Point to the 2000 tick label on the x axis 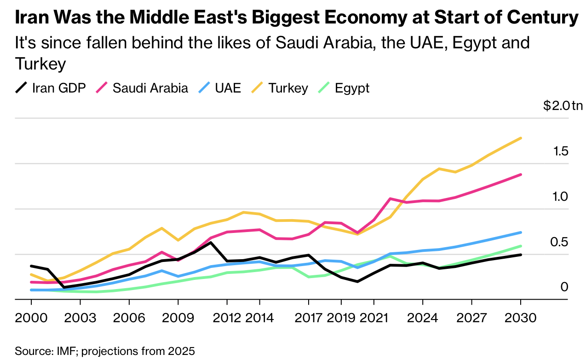click(x=31, y=319)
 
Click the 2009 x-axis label click(x=178, y=319)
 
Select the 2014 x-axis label click(x=259, y=319)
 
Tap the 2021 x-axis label click(x=373, y=319)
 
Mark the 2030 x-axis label click(x=520, y=319)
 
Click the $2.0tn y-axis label click(x=563, y=106)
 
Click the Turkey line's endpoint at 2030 click(x=521, y=138)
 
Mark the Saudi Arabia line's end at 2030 click(x=521, y=174)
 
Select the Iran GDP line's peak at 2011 click(x=211, y=242)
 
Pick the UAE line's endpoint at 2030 click(x=521, y=232)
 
